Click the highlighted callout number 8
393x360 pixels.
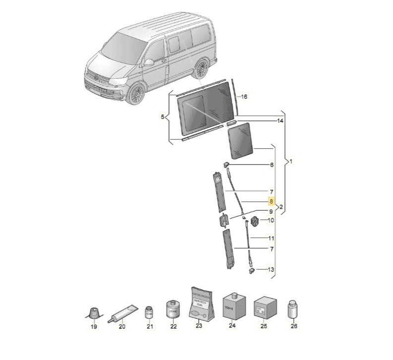(271, 202)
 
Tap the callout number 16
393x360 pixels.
(244, 97)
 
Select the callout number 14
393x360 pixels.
(280, 120)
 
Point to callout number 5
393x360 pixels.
(163, 117)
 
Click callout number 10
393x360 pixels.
(271, 221)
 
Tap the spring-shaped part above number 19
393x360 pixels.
(93, 313)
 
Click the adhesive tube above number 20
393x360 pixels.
(122, 313)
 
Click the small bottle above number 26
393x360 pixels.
(293, 309)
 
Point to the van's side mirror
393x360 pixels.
(149, 62)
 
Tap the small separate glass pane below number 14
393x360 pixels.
(240, 141)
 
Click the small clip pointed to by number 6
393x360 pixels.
(225, 164)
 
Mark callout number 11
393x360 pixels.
(271, 238)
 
